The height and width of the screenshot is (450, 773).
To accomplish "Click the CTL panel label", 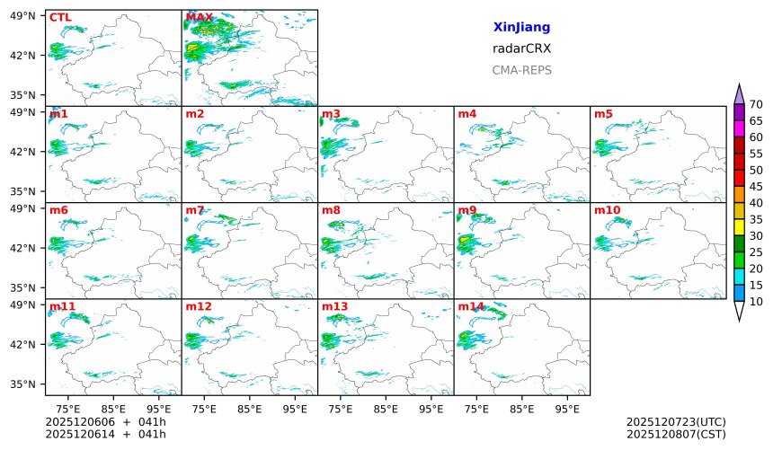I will (59, 17).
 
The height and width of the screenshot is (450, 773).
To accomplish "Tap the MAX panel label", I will (199, 17).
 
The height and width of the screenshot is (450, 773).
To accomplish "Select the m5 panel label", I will (603, 114).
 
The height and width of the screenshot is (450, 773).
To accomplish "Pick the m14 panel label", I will (471, 307).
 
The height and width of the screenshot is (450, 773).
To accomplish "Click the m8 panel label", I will (331, 210).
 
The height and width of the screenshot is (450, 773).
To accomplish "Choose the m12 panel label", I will (199, 307).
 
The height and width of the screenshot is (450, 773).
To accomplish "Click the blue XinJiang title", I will (521, 28).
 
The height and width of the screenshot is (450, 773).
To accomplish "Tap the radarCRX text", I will (521, 49).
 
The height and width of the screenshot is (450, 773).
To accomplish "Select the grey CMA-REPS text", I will (521, 70).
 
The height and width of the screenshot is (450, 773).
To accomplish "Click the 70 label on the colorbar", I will (756, 105).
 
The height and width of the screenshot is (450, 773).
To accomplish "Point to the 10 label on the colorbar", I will (756, 302).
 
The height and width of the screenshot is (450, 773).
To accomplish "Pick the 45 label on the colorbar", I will (756, 187).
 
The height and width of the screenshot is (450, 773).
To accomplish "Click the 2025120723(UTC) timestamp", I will (675, 421).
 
